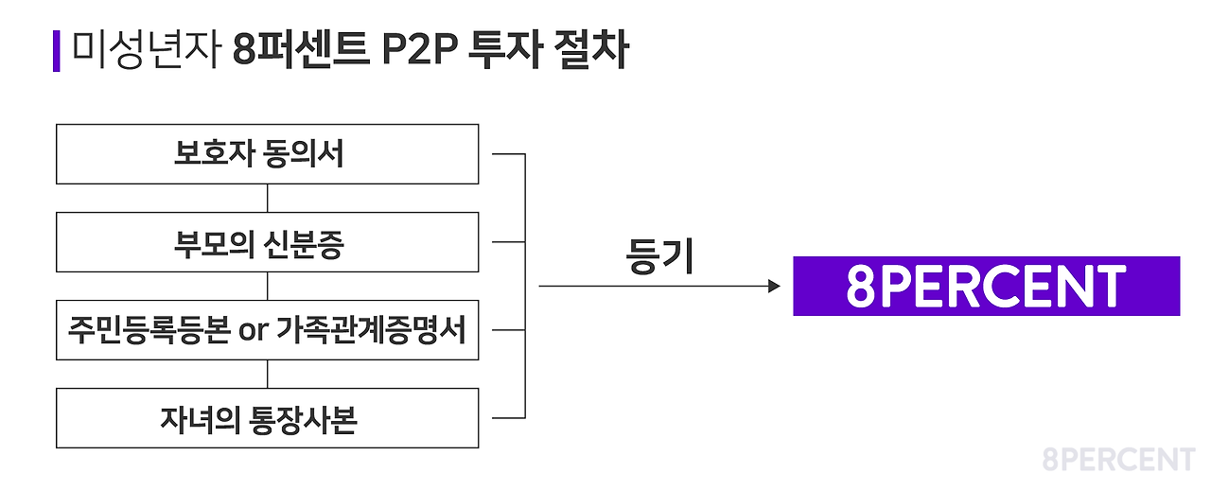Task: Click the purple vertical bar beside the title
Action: pos(56,51)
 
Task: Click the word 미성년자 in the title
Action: pos(147,51)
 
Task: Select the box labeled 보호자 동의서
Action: pos(267,154)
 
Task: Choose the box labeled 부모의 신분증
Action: pos(267,243)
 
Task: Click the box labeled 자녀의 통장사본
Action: pos(267,418)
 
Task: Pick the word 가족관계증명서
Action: pos(372,331)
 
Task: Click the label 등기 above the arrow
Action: pos(659,256)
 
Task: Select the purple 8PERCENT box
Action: pos(986,286)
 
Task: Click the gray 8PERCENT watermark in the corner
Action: pos(1118,461)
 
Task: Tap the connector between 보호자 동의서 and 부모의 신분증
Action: pos(268,199)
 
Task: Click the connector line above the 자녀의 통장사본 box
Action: pos(268,374)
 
